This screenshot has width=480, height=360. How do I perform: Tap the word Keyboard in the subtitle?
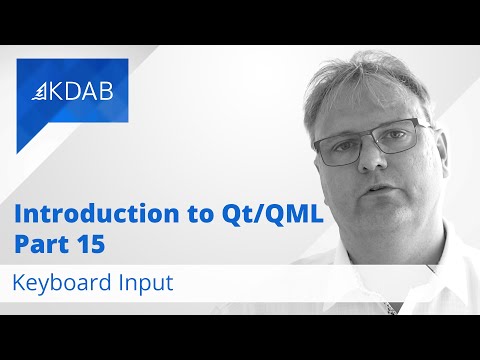[x=57, y=283]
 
